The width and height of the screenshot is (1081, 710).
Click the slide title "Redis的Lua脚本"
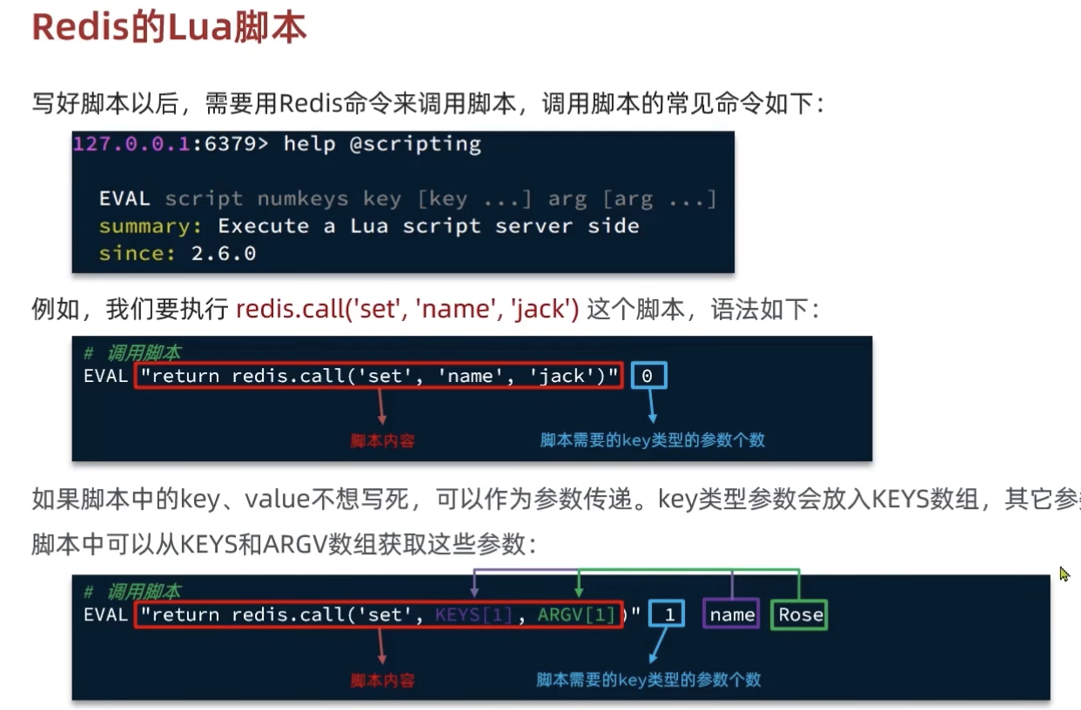(169, 28)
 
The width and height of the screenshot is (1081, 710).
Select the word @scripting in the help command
(415, 144)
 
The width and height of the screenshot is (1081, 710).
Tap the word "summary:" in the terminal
(149, 226)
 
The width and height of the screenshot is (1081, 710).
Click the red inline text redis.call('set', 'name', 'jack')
(407, 309)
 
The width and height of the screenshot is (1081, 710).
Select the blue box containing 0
(647, 376)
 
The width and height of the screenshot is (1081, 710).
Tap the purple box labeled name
(732, 614)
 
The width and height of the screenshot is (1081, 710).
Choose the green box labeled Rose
(800, 614)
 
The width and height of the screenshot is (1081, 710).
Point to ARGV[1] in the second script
(576, 614)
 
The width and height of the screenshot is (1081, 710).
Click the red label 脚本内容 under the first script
(383, 440)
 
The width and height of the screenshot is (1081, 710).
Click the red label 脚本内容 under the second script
(383, 680)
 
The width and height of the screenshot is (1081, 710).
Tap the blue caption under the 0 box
(652, 439)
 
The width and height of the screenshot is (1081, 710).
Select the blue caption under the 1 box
(648, 679)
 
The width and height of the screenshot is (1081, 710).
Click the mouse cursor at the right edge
(1064, 574)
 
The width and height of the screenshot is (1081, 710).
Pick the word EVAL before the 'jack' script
(105, 376)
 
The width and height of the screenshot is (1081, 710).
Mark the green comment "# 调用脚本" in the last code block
(132, 592)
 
